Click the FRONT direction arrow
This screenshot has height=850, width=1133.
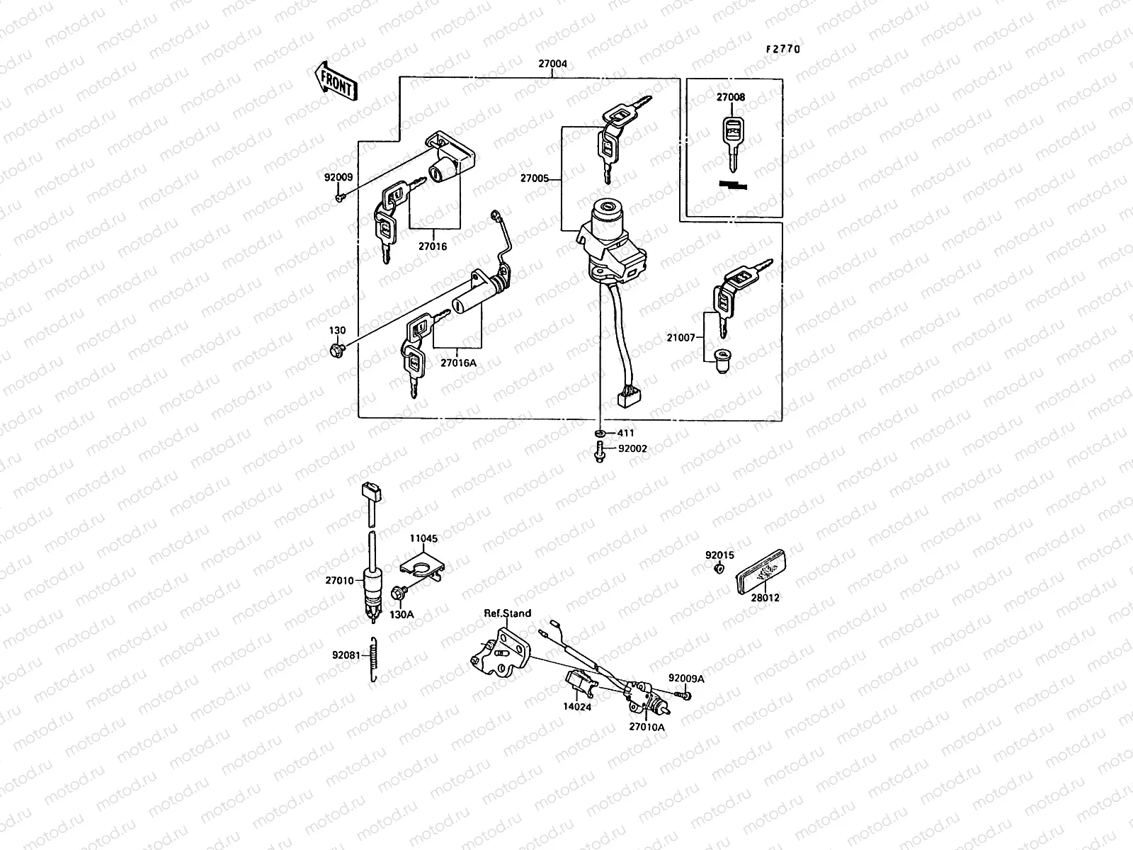336,80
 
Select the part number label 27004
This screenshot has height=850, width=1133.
552,64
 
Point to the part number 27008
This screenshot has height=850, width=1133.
730,97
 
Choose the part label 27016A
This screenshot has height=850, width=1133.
459,363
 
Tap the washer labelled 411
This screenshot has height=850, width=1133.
600,433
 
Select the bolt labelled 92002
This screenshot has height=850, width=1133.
599,451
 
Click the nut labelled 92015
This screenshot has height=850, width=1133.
718,569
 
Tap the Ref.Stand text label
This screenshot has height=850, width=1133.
507,613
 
